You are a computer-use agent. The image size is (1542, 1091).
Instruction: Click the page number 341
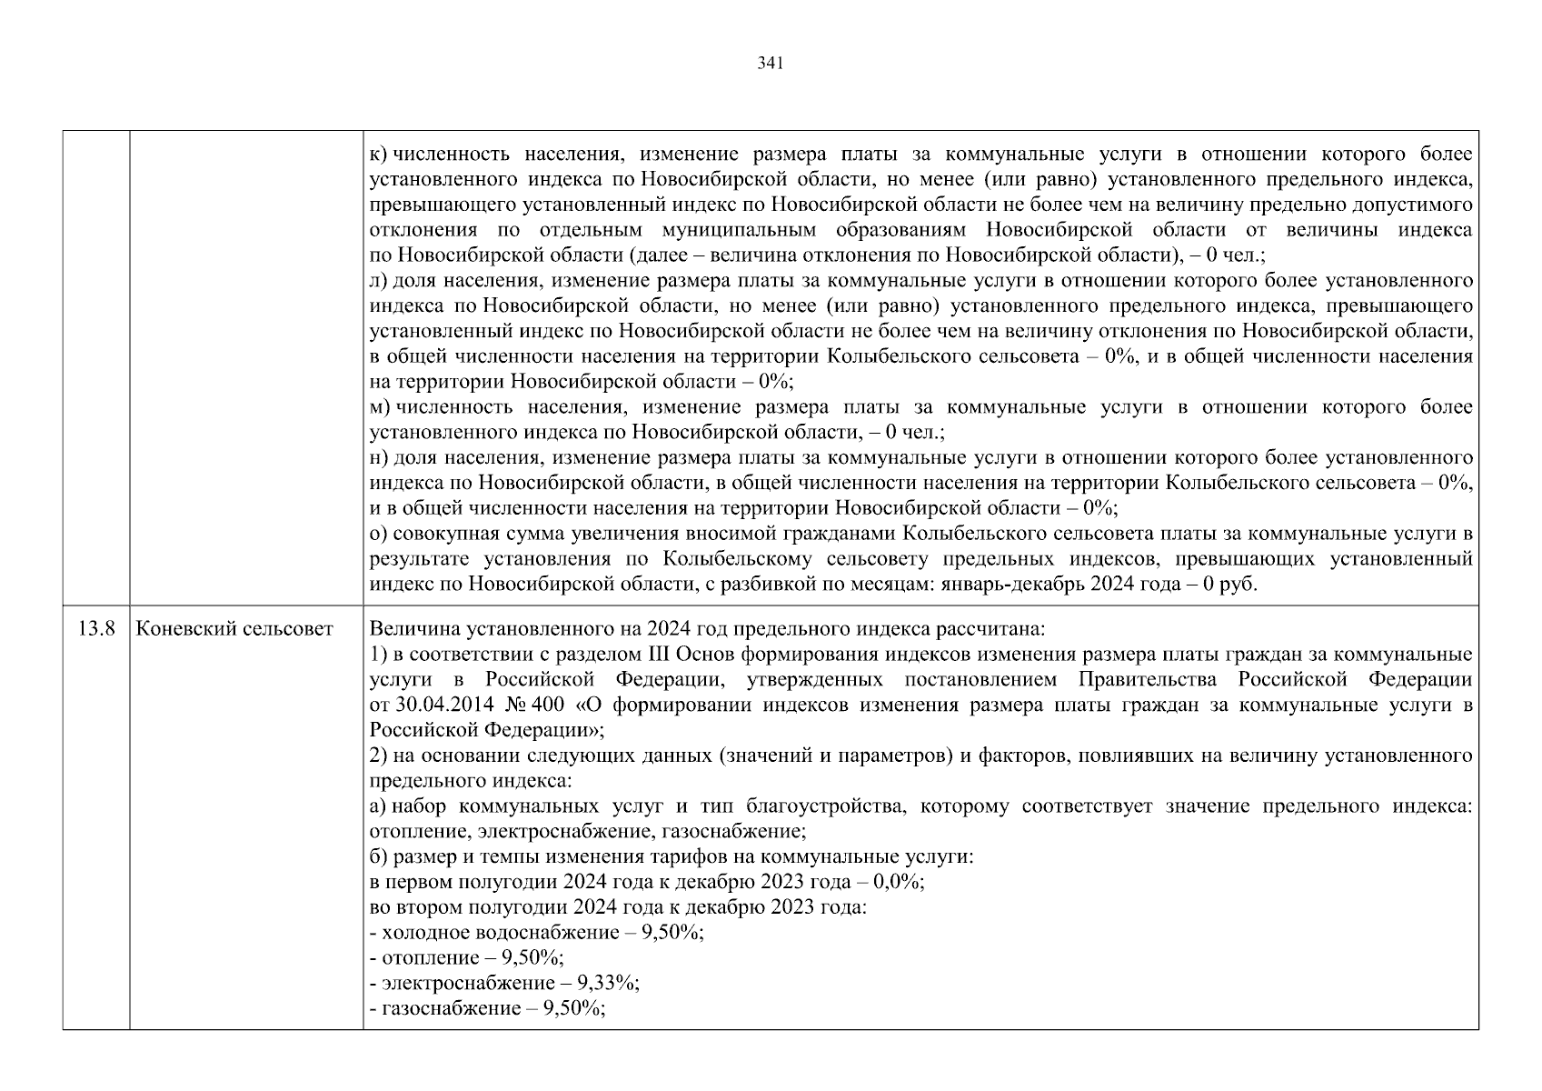coord(770,64)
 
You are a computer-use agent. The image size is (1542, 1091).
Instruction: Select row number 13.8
coord(95,629)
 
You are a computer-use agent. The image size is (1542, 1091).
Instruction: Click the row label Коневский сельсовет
coord(234,629)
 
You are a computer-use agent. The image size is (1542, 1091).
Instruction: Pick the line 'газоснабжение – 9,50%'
coord(489,1008)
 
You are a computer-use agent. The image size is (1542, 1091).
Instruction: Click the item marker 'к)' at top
coord(379,155)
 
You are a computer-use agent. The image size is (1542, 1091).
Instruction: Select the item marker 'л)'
coord(379,281)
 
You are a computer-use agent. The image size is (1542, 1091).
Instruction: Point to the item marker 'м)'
coord(380,407)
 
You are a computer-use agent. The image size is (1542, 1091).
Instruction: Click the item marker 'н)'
coord(379,457)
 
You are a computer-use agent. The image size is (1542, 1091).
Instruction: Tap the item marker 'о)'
coord(379,533)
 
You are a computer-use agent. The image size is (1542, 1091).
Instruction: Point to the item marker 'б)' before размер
coord(379,856)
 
